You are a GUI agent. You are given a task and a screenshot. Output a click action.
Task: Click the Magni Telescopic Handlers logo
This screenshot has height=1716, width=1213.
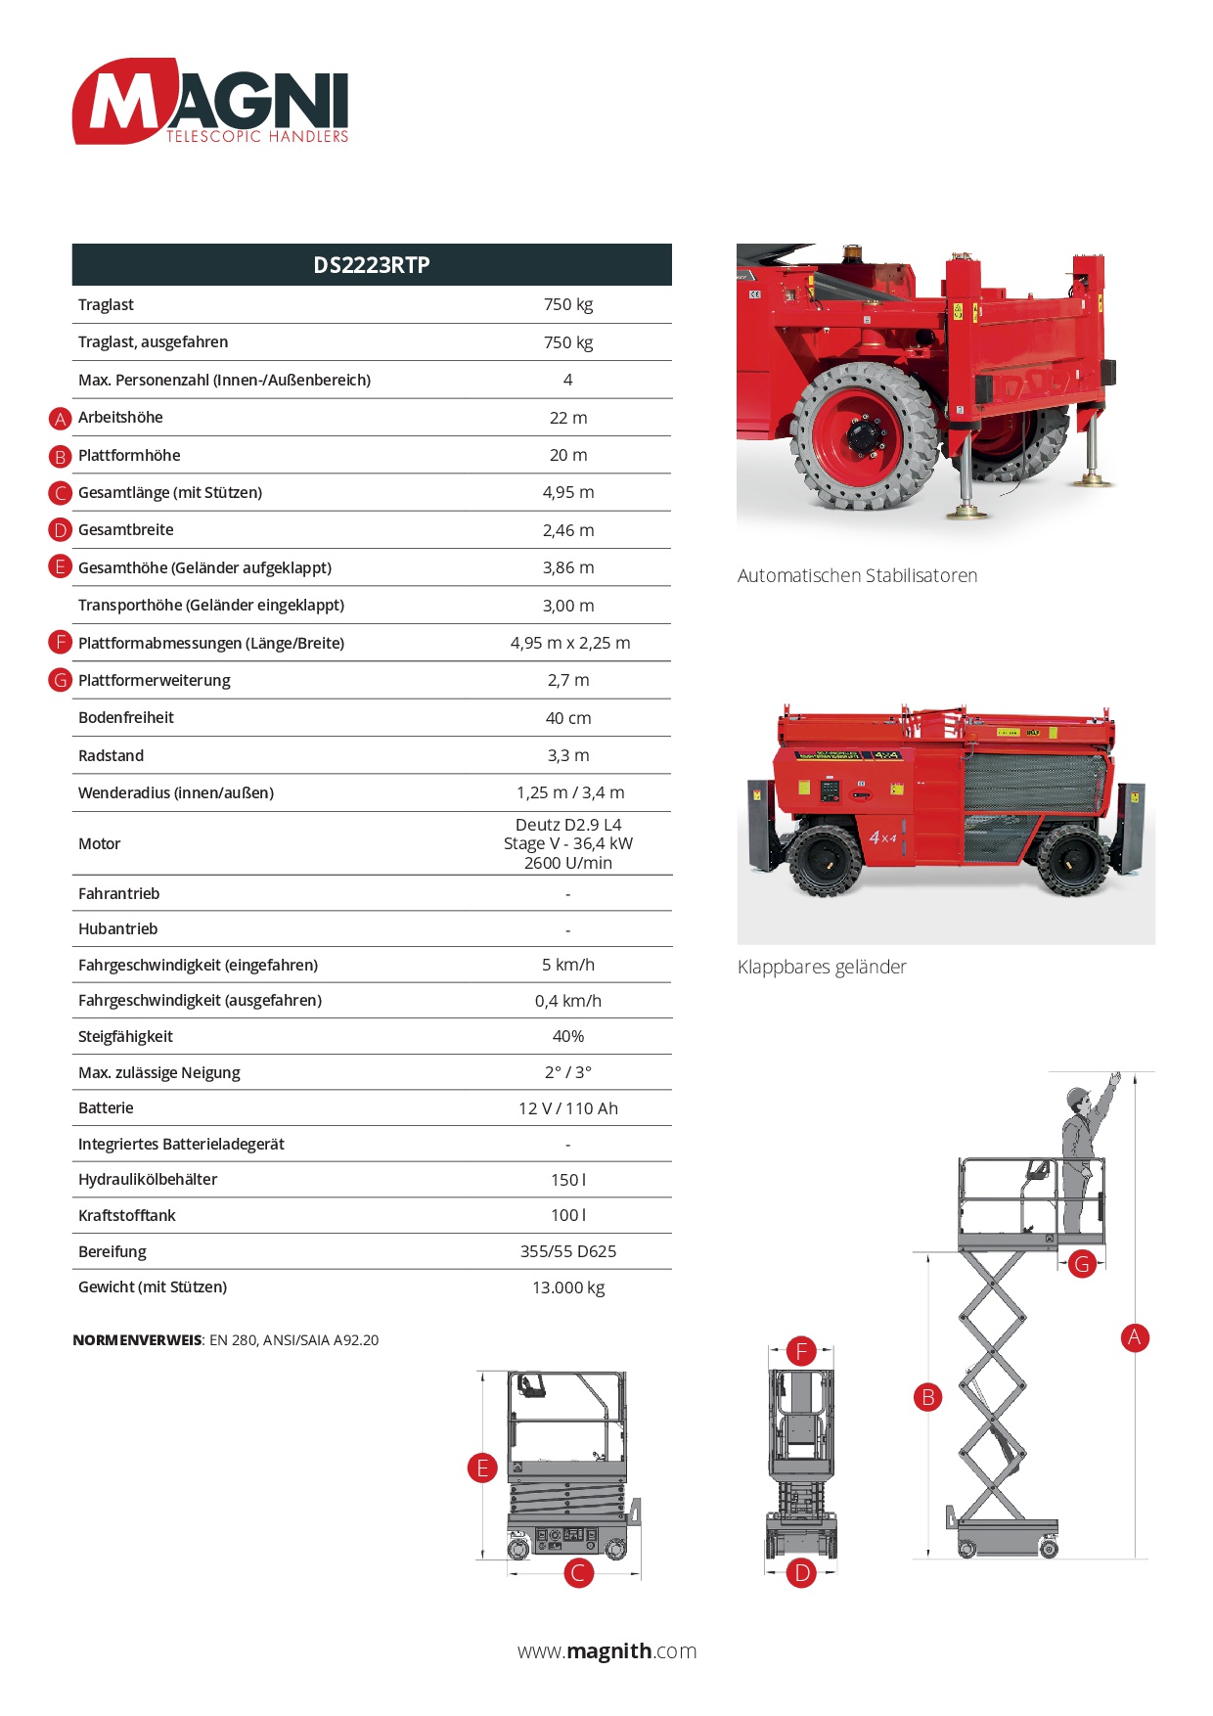(210, 102)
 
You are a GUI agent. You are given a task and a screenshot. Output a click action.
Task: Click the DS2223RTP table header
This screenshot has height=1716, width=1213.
(372, 265)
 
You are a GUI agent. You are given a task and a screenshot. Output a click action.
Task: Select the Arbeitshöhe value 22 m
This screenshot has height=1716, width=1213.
(568, 418)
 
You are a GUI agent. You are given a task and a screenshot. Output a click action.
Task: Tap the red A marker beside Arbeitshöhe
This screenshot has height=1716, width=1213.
(61, 419)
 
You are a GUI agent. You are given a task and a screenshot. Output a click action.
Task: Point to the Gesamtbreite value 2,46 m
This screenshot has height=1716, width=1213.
(568, 530)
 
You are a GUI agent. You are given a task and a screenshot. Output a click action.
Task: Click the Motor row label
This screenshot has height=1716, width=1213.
(100, 843)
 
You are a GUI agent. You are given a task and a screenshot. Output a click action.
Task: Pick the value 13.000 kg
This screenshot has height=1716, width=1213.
(568, 1287)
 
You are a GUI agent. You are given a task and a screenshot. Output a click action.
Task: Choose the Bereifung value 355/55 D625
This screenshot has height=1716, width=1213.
(568, 1251)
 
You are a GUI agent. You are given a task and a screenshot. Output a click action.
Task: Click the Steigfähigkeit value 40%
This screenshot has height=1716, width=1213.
(568, 1036)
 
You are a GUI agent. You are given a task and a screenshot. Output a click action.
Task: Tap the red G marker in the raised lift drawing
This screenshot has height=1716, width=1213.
(1082, 1264)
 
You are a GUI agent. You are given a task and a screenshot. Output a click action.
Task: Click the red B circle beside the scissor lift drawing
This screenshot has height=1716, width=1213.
(927, 1397)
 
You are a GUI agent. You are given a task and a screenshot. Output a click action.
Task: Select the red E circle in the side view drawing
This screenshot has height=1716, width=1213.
(482, 1468)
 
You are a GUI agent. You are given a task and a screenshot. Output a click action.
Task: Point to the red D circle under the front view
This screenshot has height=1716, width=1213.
(801, 1573)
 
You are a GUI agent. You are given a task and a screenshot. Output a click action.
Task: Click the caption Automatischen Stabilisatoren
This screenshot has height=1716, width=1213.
(857, 576)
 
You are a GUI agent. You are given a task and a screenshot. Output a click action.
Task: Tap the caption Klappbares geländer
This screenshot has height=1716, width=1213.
(822, 968)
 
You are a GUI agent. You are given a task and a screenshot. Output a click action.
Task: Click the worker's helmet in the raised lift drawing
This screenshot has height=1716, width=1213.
(1077, 1096)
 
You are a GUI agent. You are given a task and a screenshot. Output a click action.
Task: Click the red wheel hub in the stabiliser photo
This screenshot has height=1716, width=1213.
(862, 433)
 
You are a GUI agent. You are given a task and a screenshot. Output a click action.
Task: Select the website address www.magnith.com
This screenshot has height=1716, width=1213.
(606, 1651)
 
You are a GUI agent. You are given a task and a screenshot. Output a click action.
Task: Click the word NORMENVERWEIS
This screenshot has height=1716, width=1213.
(137, 1340)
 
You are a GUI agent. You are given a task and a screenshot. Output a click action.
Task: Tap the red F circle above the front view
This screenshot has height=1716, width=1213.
(801, 1351)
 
